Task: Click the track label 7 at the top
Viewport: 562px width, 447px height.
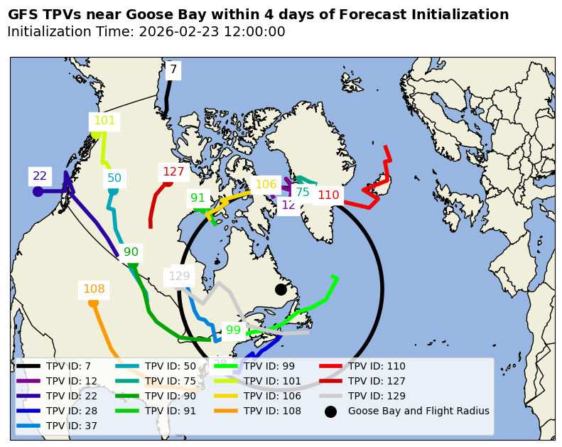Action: pyautogui.click(x=173, y=70)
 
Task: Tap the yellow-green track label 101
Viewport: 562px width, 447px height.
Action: pyautogui.click(x=104, y=121)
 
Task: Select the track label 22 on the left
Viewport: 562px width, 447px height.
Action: pyautogui.click(x=40, y=176)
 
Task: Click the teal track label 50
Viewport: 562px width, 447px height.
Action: pyautogui.click(x=114, y=178)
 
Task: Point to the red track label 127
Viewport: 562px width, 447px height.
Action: pyautogui.click(x=173, y=171)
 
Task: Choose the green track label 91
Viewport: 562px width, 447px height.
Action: pyautogui.click(x=198, y=198)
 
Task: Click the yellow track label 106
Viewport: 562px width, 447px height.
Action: pyautogui.click(x=266, y=185)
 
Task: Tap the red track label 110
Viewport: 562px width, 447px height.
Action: pyautogui.click(x=328, y=195)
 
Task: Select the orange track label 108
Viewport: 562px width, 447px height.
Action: pyautogui.click(x=94, y=289)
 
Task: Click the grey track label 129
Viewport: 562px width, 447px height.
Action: pyautogui.click(x=179, y=276)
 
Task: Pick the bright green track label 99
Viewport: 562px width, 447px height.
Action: pyautogui.click(x=233, y=330)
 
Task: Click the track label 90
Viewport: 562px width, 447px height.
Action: pyautogui.click(x=131, y=252)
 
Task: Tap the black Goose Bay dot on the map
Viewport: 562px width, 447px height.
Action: pyautogui.click(x=281, y=289)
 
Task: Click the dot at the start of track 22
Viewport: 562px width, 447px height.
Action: pyautogui.click(x=38, y=191)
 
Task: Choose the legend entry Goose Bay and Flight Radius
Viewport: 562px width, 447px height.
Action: pyautogui.click(x=418, y=411)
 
